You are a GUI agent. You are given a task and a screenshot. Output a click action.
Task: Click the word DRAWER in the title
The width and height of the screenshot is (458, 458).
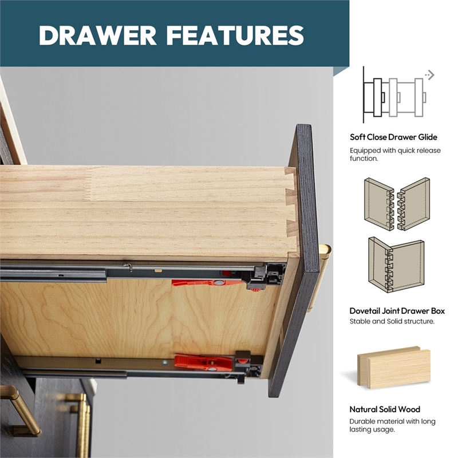[x=97, y=35]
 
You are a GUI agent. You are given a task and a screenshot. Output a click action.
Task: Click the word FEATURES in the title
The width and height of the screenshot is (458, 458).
[x=235, y=35]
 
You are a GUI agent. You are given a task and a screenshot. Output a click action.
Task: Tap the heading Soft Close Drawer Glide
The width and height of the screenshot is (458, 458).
[x=393, y=137]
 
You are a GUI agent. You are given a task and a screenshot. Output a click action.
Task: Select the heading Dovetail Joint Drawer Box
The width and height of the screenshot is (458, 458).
[x=397, y=311]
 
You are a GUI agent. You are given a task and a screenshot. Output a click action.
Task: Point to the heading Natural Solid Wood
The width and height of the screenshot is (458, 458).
[x=385, y=409]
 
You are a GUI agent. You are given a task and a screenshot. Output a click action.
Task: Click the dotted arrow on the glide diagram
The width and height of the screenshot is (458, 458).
[x=430, y=75]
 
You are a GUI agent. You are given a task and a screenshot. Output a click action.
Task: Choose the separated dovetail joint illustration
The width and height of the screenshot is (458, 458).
[x=397, y=205]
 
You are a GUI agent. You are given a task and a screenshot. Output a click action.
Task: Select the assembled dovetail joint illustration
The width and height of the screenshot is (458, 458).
[x=396, y=265]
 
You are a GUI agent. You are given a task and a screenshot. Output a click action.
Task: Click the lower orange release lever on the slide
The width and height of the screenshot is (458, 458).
[x=204, y=362]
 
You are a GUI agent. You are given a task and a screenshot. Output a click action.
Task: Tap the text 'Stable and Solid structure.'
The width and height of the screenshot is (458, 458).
[x=392, y=321]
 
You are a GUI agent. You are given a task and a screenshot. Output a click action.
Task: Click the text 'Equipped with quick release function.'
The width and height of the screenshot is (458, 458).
[x=395, y=155]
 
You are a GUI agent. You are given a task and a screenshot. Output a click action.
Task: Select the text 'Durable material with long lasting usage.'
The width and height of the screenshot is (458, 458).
[x=392, y=425]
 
